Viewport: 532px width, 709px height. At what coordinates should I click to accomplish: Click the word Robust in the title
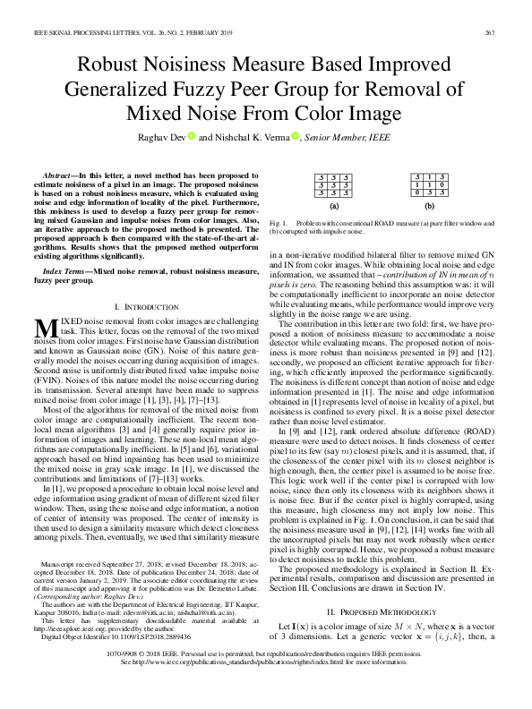116,66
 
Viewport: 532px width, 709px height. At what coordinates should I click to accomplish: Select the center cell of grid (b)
429,184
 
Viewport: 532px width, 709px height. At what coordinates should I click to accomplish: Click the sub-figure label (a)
333,205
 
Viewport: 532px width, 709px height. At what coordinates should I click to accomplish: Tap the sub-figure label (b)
429,205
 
